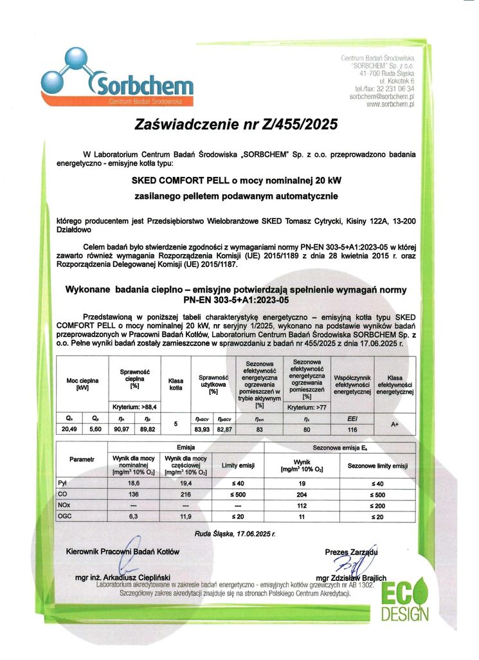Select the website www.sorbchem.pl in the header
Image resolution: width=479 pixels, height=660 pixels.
pos(390,104)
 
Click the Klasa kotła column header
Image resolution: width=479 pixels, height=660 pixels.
pos(176,384)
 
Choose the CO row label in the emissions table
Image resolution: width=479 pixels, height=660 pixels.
pos(62,494)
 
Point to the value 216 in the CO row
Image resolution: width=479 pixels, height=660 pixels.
pos(187,494)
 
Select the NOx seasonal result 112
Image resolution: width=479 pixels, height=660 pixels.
pos(302,505)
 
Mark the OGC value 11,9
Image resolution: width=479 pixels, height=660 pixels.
pos(187,516)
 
